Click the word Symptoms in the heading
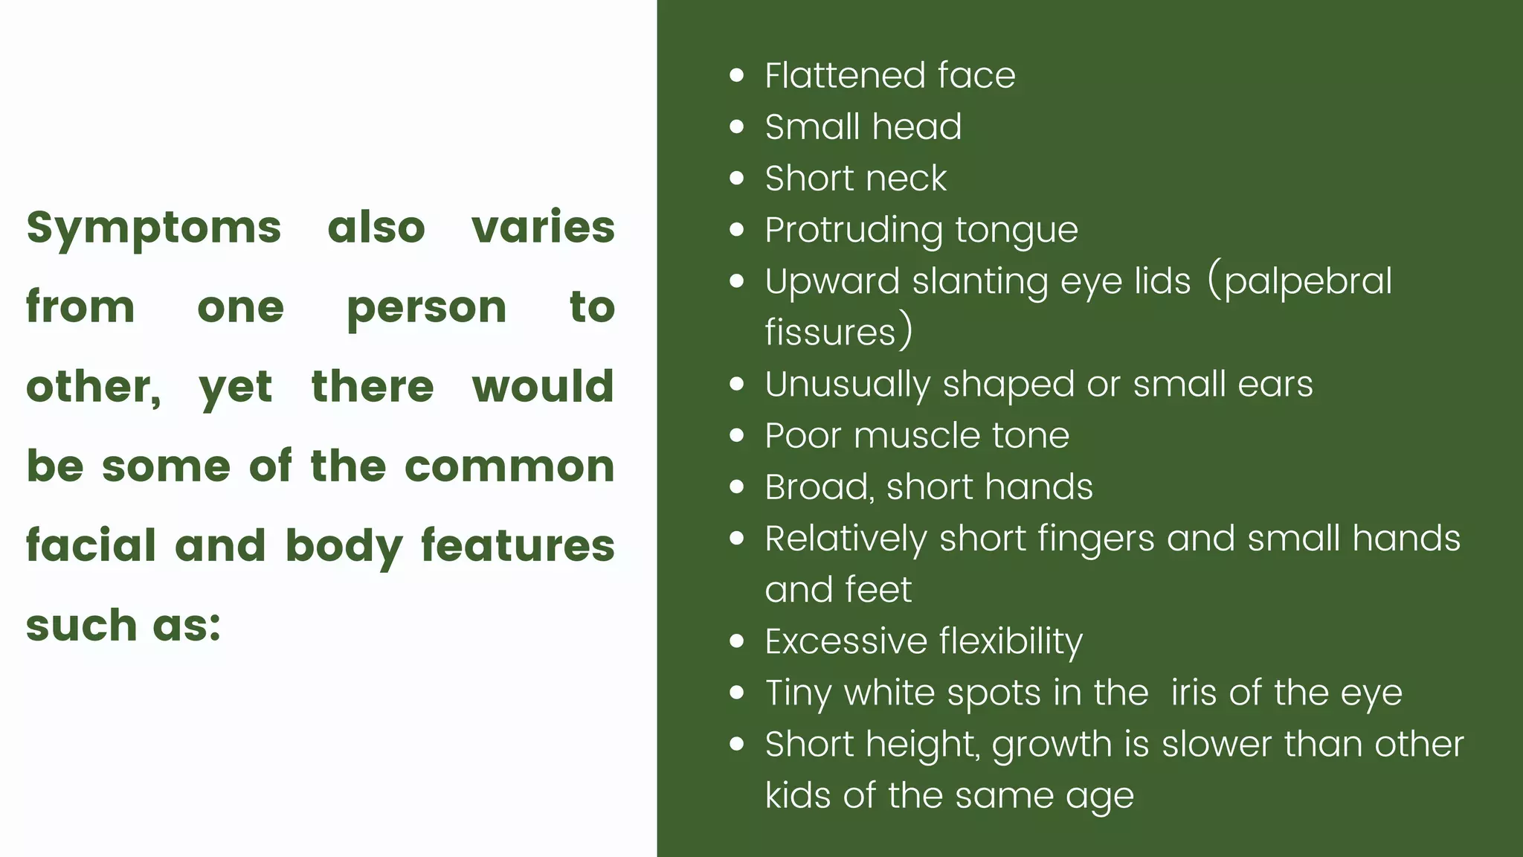click(154, 228)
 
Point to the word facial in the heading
click(91, 545)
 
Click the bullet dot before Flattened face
click(737, 75)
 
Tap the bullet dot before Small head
click(737, 126)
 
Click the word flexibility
click(1011, 642)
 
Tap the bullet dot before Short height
click(737, 744)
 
